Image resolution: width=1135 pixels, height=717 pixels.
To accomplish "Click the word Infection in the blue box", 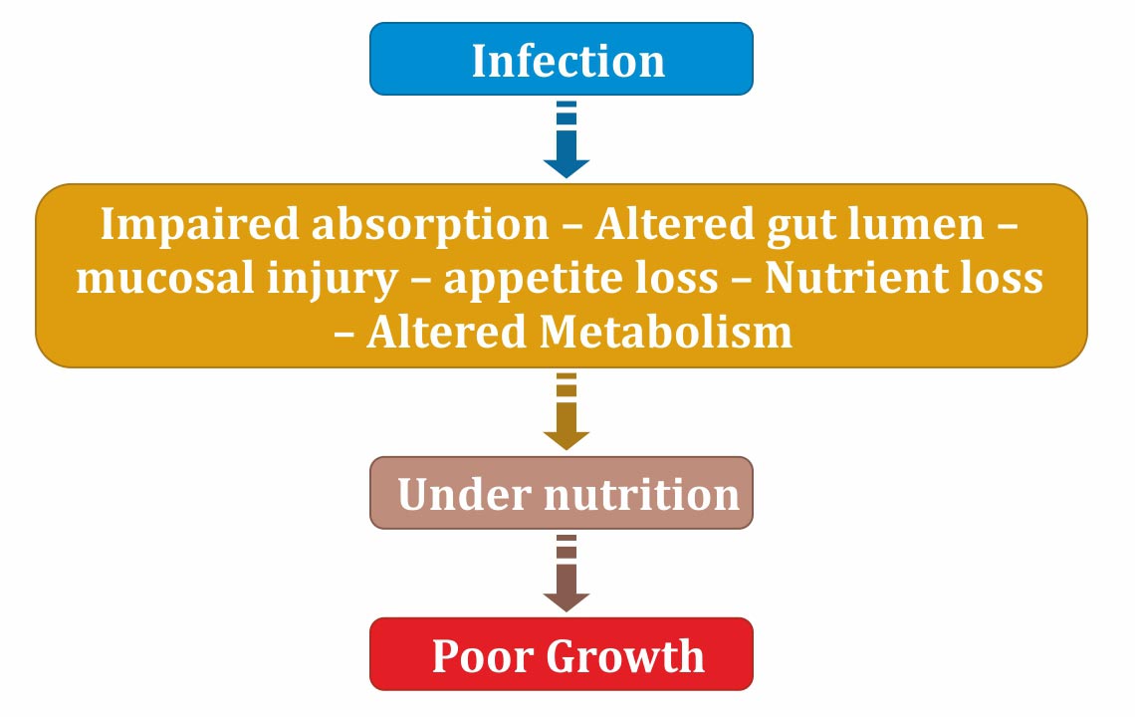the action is click(x=568, y=61).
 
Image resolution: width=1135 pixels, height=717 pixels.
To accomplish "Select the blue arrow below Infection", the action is click(x=567, y=139).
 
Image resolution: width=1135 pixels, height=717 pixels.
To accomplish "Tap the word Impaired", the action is click(x=199, y=224).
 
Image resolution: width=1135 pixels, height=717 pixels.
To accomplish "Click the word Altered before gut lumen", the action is click(x=675, y=223).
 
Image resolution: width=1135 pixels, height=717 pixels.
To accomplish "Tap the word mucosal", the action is click(x=165, y=279).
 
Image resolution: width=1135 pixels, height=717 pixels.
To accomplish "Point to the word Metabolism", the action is click(x=666, y=333).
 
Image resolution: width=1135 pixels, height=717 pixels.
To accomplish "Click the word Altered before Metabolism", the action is click(x=447, y=333).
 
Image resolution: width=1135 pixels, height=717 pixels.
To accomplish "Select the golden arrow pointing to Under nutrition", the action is click(x=567, y=411).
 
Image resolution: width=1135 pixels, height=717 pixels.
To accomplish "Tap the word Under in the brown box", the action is click(x=464, y=495).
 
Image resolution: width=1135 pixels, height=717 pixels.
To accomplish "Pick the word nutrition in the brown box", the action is click(x=641, y=495).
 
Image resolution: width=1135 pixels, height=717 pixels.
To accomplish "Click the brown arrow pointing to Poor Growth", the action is click(x=567, y=574).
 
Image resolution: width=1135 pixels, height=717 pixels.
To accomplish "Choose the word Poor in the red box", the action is click(x=482, y=656).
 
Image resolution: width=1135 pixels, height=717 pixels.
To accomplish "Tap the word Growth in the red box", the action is click(x=625, y=656).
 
